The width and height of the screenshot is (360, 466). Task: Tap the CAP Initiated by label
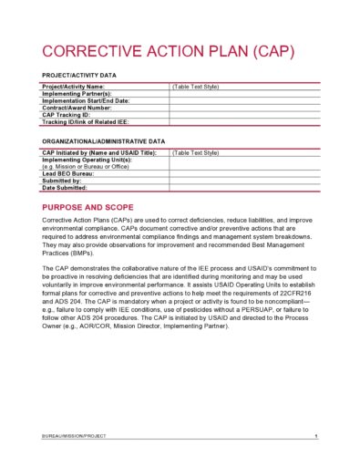pyautogui.click(x=99, y=152)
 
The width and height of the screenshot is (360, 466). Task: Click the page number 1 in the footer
pyautogui.click(x=314, y=438)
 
